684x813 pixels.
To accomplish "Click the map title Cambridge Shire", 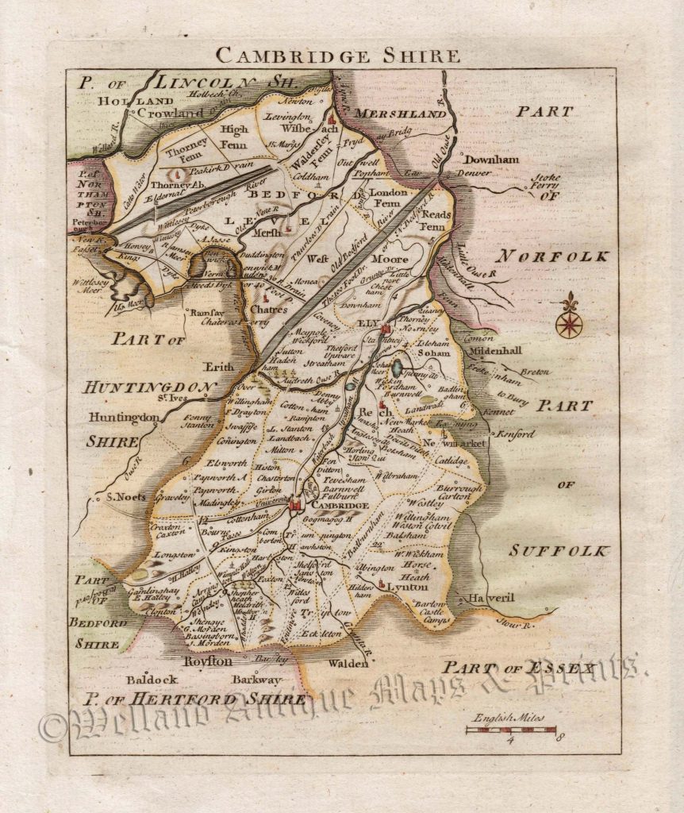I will (337, 56).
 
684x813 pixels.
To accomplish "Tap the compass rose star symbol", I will (568, 325).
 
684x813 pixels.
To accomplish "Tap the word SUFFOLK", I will (559, 550).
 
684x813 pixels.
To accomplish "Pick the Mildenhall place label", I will (497, 349).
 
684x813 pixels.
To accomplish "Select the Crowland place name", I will (171, 114).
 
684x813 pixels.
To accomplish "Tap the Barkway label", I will (256, 680).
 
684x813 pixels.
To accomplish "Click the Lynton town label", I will (408, 587).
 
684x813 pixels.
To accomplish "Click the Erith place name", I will (218, 368).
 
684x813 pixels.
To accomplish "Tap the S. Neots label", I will (125, 498).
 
